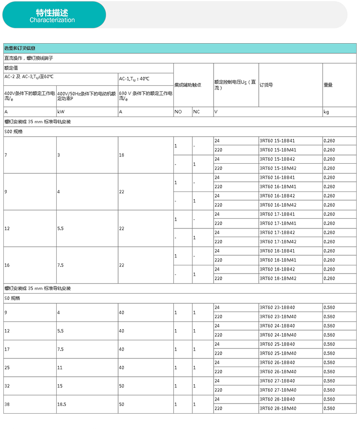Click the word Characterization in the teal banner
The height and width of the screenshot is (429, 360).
[x=52, y=20]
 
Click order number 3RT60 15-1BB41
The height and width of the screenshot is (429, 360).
[x=277, y=141]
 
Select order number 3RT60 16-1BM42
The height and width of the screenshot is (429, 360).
[x=277, y=205]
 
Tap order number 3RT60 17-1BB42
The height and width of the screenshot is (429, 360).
[x=277, y=233]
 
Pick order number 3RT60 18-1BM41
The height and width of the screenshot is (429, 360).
[x=277, y=260]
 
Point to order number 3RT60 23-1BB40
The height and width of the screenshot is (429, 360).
[x=277, y=308]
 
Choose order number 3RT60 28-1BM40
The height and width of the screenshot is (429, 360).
[x=277, y=408]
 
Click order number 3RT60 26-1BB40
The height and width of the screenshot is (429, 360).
[x=277, y=363]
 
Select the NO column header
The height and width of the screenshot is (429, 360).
[x=178, y=112]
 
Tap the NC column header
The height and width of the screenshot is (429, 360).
[x=196, y=112]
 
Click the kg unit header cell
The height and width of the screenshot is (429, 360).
[x=326, y=112]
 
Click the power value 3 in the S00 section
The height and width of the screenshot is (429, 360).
[x=59, y=155]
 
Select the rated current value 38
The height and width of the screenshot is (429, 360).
[x=7, y=405]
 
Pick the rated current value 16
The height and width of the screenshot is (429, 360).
[x=7, y=265]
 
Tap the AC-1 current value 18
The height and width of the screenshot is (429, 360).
[x=122, y=155]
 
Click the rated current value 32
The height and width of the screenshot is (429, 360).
[x=7, y=386]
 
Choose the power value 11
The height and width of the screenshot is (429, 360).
[x=60, y=368]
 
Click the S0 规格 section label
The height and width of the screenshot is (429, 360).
[x=13, y=298]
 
